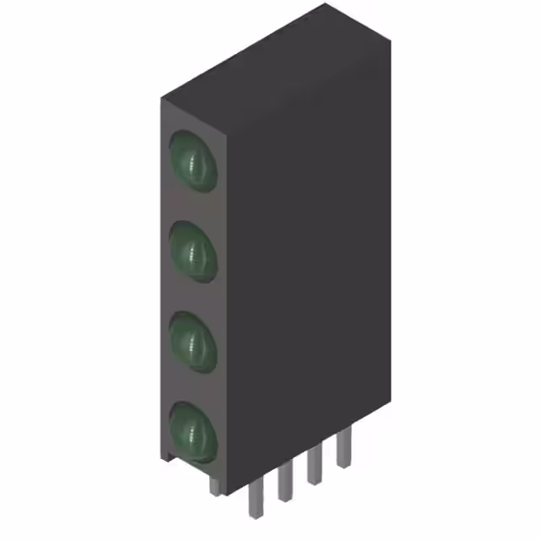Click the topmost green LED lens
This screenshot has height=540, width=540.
194,159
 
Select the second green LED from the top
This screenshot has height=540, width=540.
194,250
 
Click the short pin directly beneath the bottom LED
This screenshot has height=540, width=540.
216,485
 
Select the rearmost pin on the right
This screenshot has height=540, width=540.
343,447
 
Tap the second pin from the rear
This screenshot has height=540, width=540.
314,465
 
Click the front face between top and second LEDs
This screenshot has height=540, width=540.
194,205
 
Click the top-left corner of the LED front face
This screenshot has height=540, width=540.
161,99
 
